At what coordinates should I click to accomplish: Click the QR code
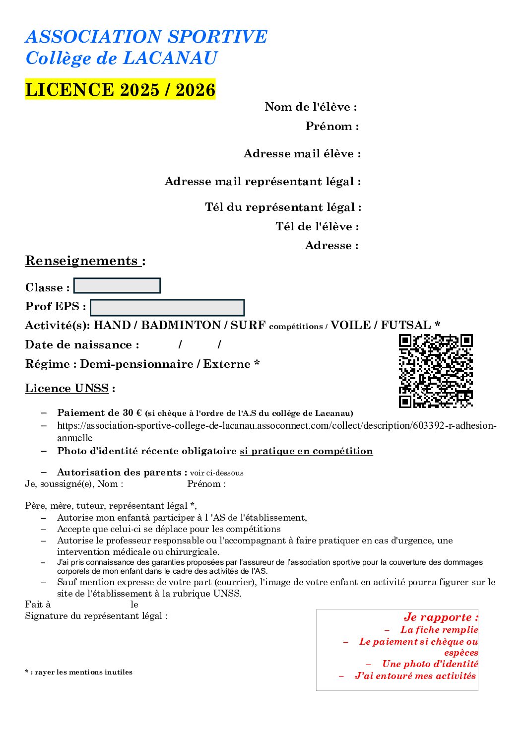[436, 371]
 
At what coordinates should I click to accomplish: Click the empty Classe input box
[117, 286]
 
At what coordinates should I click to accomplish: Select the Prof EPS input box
[167, 307]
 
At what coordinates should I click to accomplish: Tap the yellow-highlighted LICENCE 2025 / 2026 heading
[120, 89]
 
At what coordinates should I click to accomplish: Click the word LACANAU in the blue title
[170, 58]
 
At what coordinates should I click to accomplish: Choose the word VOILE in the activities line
[350, 325]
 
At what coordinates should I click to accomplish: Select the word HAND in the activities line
[112, 325]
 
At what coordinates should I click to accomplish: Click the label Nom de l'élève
[311, 107]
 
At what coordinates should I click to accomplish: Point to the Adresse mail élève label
[302, 153]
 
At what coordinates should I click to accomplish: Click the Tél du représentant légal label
[283, 207]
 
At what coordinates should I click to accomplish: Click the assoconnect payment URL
[276, 426]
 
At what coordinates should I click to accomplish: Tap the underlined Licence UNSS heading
[67, 388]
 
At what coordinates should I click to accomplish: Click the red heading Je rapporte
[441, 617]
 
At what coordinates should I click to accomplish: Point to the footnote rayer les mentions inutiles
[79, 672]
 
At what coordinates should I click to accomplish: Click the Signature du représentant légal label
[96, 616]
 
